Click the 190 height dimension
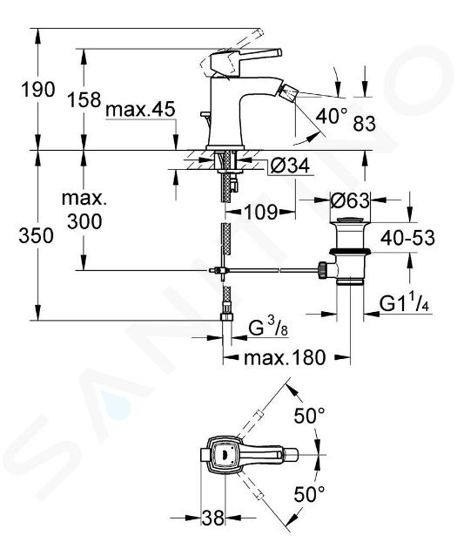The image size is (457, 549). (x=38, y=90)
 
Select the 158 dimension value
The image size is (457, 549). (x=84, y=99)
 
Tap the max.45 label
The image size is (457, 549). (x=140, y=110)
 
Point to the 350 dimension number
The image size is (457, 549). (x=36, y=235)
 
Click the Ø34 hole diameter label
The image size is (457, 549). (x=290, y=165)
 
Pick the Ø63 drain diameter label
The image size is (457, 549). (x=350, y=200)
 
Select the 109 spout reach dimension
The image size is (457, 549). (x=261, y=212)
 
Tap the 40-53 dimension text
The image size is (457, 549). (x=407, y=238)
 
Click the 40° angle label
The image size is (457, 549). (x=333, y=116)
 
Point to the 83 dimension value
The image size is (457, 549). (x=365, y=123)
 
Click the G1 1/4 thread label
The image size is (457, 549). (x=404, y=304)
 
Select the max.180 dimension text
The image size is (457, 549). (x=285, y=358)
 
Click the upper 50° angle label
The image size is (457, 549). (x=309, y=416)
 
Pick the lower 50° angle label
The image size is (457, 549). (x=309, y=494)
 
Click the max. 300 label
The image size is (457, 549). (x=84, y=210)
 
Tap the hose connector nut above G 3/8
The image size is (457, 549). (x=226, y=317)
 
